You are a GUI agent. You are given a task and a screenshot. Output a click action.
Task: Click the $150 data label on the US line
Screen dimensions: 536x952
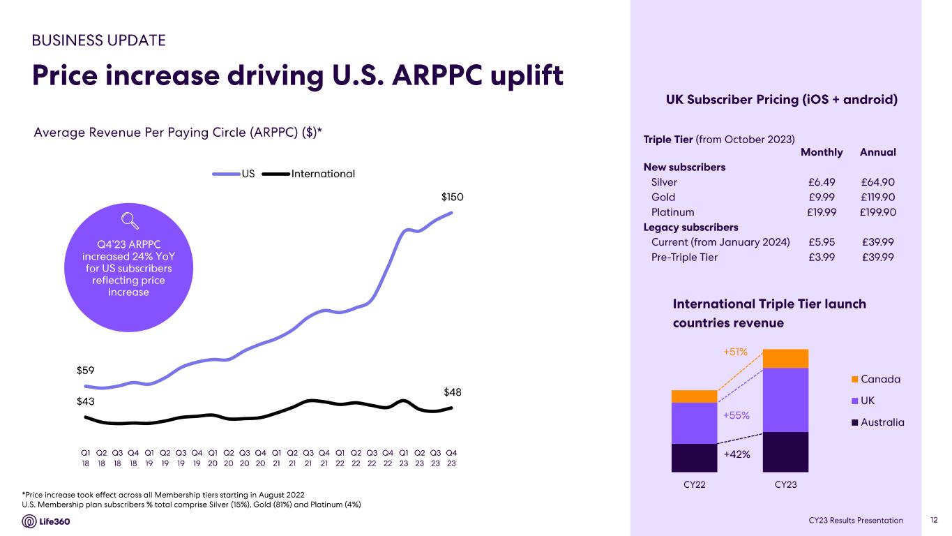[452, 198]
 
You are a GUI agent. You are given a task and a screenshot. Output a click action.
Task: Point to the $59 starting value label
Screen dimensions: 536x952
[86, 370]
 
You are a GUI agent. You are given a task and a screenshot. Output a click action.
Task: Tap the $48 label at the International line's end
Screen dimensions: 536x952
[453, 392]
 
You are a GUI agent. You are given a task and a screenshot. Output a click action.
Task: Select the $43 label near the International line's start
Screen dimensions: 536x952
[86, 401]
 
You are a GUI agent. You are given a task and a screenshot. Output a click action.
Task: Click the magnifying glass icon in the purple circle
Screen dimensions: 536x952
[129, 221]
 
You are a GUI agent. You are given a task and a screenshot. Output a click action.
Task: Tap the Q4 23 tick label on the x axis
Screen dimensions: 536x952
[451, 457]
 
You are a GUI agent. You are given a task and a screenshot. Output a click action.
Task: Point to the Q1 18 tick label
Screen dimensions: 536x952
[85, 457]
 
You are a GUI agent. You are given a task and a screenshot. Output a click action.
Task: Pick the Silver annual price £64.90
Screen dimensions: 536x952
[878, 182]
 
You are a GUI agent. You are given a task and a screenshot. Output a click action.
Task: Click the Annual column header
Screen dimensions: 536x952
[878, 152]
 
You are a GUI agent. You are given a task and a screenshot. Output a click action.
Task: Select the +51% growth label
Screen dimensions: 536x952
[735, 352]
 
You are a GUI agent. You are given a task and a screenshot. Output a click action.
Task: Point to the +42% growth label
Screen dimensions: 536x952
[736, 454]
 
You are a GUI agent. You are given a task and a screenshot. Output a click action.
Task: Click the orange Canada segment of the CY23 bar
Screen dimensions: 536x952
[785, 358]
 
